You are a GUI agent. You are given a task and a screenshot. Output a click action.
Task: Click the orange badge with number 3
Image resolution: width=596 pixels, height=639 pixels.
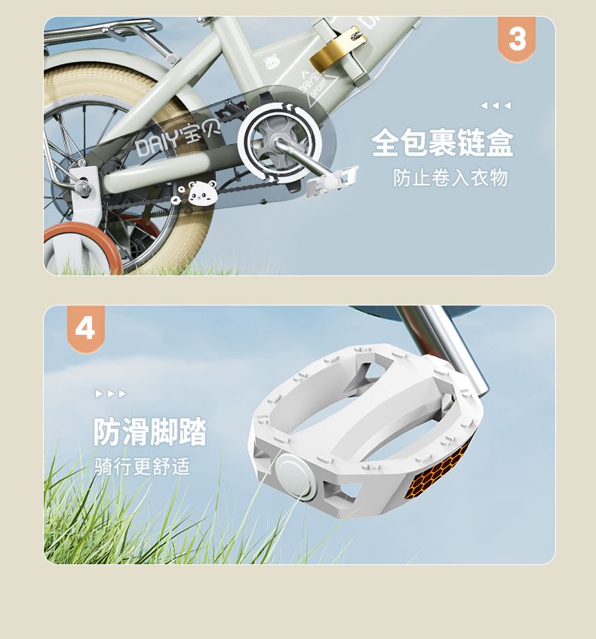point(517,39)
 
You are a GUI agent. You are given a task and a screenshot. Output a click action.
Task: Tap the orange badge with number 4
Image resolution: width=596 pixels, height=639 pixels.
point(86,328)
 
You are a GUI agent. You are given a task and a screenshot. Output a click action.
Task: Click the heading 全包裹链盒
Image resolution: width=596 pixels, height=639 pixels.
point(443,143)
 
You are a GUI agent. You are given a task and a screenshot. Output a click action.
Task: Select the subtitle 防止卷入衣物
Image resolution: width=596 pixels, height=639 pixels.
point(450,178)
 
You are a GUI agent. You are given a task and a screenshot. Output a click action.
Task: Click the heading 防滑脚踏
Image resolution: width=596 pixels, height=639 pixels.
point(150,432)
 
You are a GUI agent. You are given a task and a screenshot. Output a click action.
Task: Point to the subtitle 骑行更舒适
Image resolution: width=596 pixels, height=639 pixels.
point(143,466)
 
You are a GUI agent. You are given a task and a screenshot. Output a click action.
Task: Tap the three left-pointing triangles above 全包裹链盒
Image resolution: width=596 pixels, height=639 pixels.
point(496,106)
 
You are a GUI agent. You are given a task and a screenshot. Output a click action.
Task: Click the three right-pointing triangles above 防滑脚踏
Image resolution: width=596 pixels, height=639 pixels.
point(110,394)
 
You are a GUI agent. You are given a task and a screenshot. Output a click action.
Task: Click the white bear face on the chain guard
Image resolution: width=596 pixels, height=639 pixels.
point(203,193)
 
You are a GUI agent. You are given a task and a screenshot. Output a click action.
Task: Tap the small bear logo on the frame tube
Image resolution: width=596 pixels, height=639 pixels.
point(271,61)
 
